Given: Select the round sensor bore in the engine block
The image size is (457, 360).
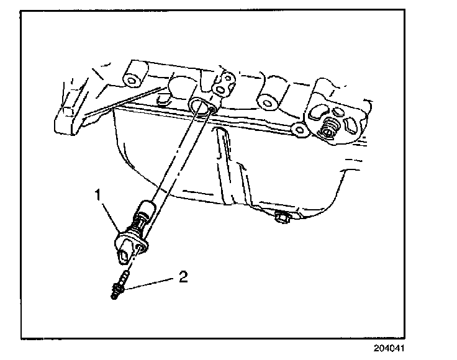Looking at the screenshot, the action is point(199,106).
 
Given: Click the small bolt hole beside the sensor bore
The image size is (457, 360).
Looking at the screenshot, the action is point(214,111).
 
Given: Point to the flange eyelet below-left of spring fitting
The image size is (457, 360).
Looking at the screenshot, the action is point(299,129).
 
